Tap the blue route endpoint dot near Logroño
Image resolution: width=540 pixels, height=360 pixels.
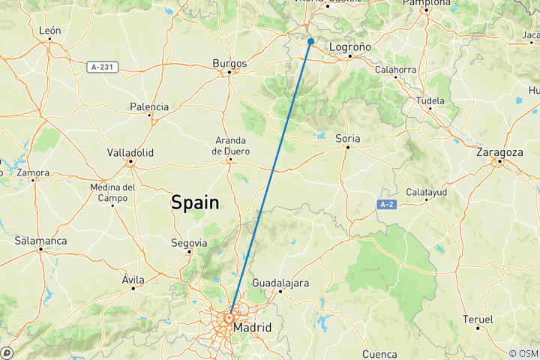click(310, 41)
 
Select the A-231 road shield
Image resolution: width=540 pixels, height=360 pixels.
click(101, 67)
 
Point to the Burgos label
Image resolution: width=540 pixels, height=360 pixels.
click(229, 63)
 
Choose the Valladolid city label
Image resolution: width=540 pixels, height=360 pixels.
click(130, 152)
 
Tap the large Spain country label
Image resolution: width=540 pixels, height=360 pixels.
click(195, 202)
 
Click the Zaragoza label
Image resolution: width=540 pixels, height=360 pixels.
click(499, 152)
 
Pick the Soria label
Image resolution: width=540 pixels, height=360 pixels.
click(347, 138)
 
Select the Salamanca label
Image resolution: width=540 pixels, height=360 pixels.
click(40, 241)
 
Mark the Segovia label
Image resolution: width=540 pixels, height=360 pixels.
click(188, 243)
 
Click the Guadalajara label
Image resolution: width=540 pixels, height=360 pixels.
click(282, 283)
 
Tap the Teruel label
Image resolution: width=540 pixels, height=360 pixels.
click(478, 319)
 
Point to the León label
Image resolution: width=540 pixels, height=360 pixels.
click(49, 31)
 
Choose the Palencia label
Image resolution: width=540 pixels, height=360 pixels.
click(148, 107)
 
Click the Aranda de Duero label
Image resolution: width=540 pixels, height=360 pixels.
click(230, 145)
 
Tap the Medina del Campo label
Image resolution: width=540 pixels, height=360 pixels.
click(114, 193)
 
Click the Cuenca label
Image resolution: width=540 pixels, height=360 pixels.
click(379, 353)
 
